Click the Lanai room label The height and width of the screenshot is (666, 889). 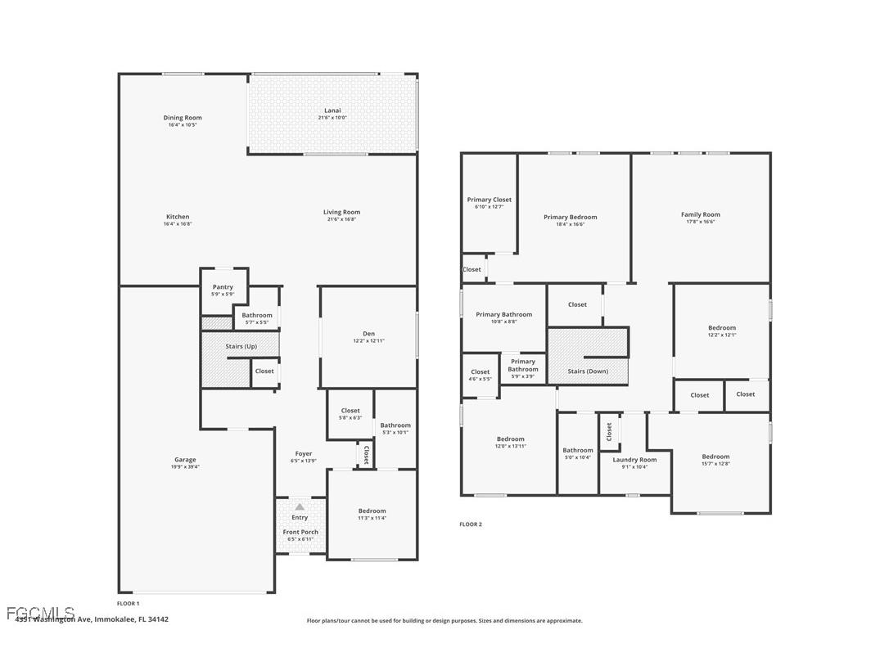tap(332, 110)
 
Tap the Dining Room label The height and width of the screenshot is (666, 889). tap(182, 118)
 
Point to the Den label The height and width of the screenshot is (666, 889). tap(368, 333)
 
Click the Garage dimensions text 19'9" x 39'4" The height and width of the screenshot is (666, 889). tap(185, 467)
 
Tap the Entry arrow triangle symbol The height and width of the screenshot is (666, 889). tap(300, 507)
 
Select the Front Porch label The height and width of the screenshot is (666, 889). tap(300, 532)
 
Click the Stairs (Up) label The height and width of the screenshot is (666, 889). tap(241, 346)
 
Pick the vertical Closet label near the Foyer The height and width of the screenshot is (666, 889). tap(366, 456)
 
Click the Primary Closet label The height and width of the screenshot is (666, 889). tap(490, 200)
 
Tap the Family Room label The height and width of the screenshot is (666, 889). tap(700, 214)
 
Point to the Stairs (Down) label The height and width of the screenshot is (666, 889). tap(587, 371)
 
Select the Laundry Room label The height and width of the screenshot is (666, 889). tap(635, 460)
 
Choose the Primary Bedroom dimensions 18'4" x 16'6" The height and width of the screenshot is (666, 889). tap(571, 224)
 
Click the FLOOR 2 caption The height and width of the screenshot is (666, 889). tap(471, 524)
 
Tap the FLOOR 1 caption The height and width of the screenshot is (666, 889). tap(129, 603)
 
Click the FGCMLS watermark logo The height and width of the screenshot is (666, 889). tap(41, 613)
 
